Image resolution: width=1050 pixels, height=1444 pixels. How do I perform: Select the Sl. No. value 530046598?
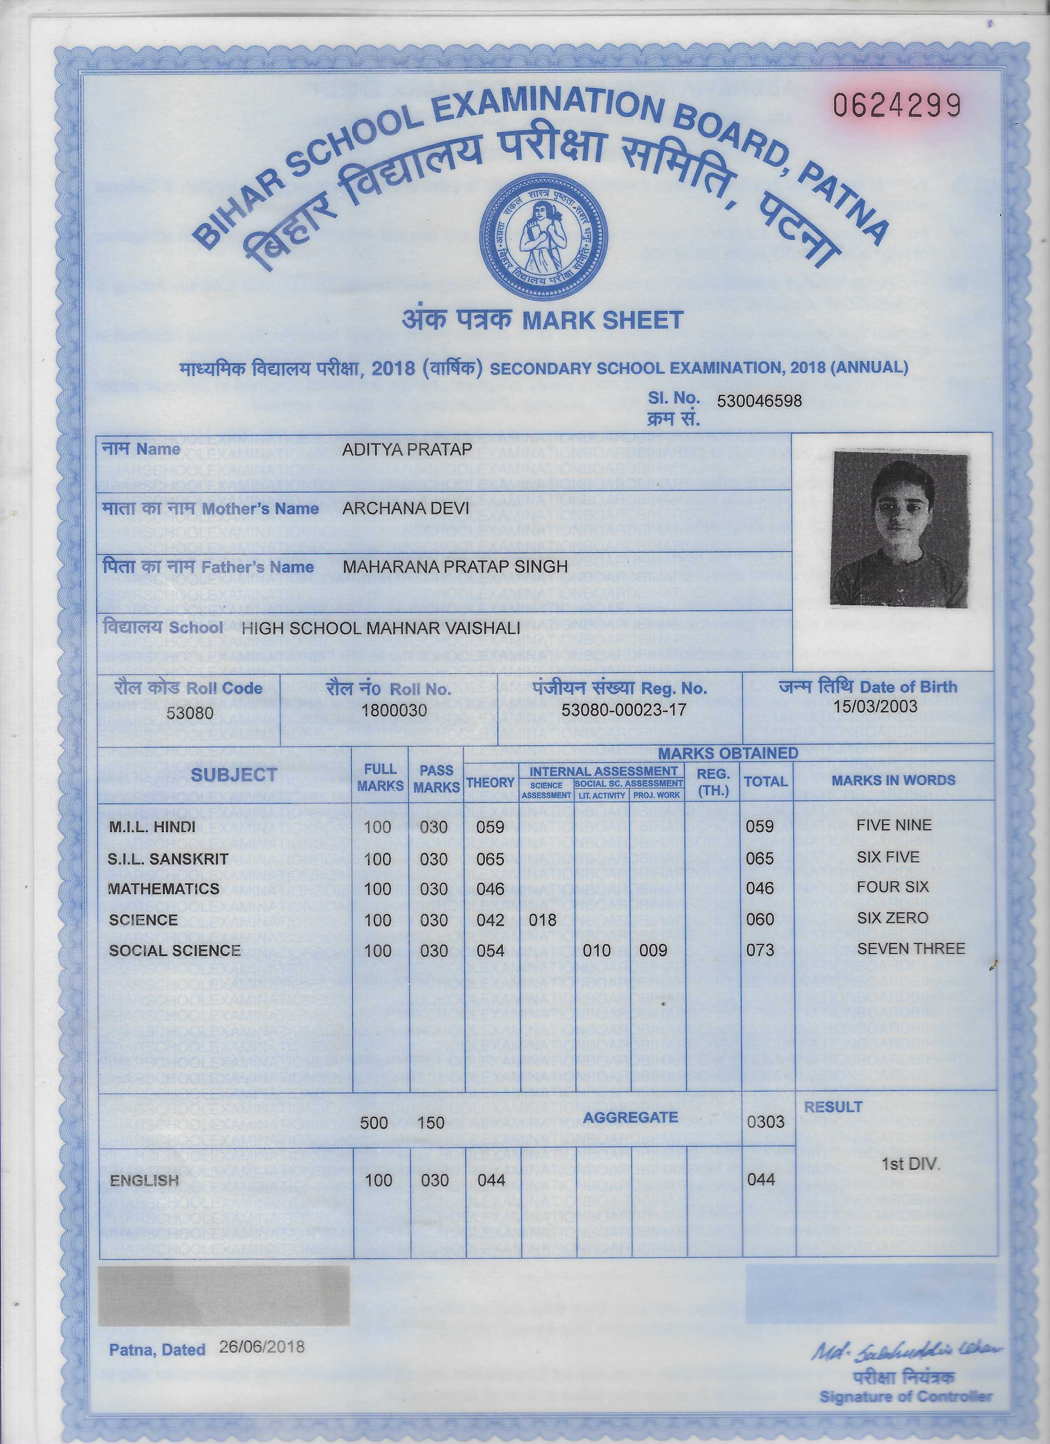[x=759, y=401]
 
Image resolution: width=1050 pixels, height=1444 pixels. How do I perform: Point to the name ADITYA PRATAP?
[x=407, y=450]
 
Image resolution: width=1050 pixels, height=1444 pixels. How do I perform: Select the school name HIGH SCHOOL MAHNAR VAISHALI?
[x=381, y=628]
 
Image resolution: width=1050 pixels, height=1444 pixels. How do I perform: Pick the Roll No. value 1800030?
[x=393, y=711]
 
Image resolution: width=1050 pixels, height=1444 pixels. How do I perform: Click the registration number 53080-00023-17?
[x=623, y=710]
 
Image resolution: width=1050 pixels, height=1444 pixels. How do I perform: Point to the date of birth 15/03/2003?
[x=875, y=706]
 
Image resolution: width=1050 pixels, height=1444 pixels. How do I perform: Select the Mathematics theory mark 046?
[x=490, y=889]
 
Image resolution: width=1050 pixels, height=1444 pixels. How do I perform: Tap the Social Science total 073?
[x=760, y=951]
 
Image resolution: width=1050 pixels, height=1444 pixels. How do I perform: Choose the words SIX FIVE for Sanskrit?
[x=888, y=857]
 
